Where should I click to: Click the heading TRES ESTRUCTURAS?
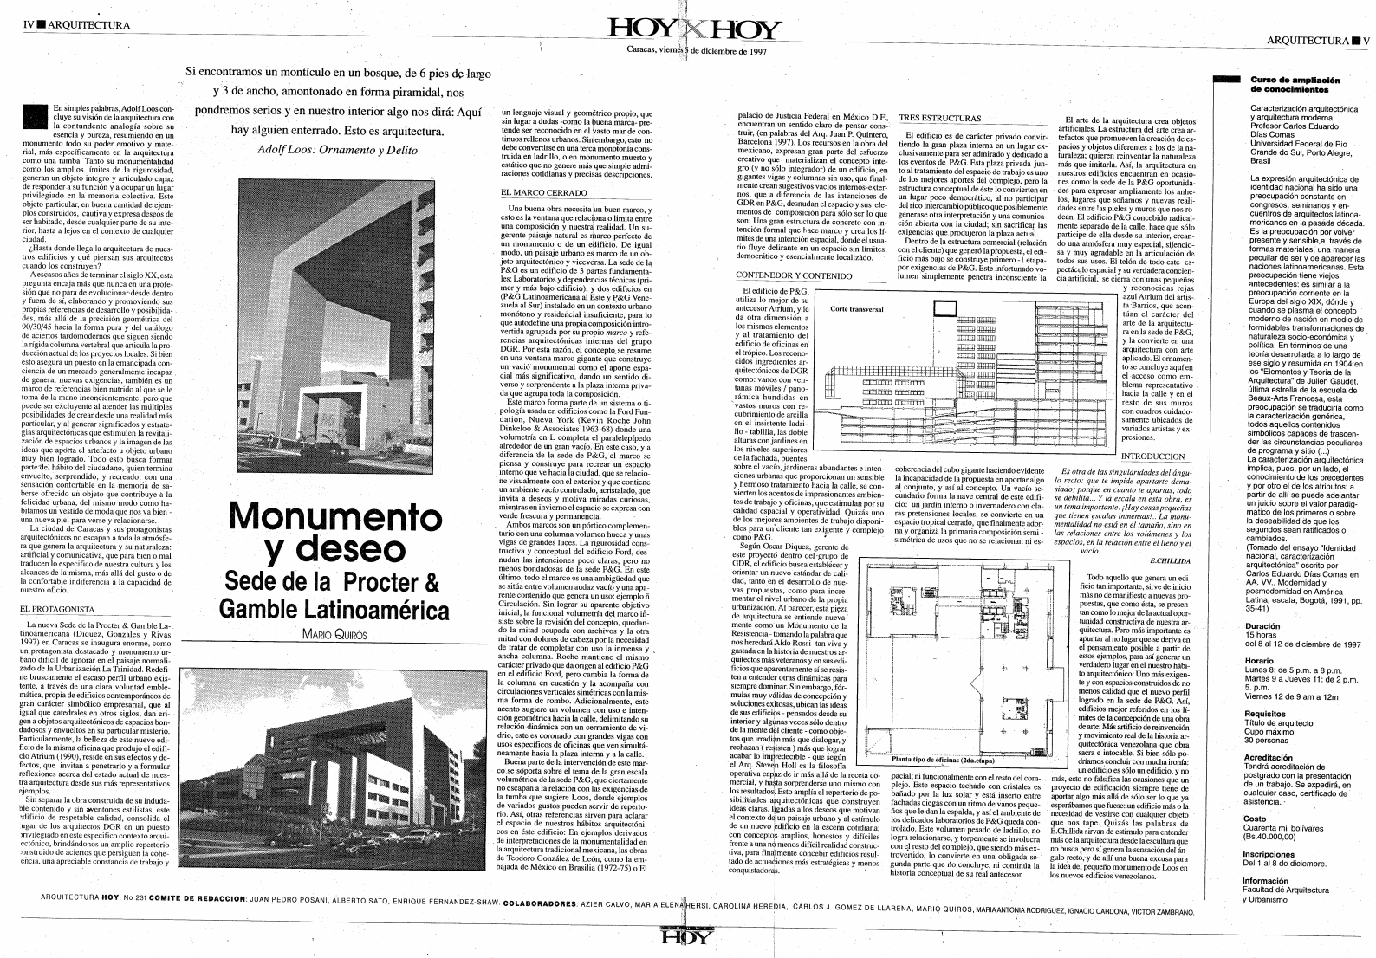click(x=940, y=118)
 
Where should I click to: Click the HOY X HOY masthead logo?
click(x=695, y=30)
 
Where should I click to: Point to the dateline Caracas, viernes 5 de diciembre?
click(x=698, y=50)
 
